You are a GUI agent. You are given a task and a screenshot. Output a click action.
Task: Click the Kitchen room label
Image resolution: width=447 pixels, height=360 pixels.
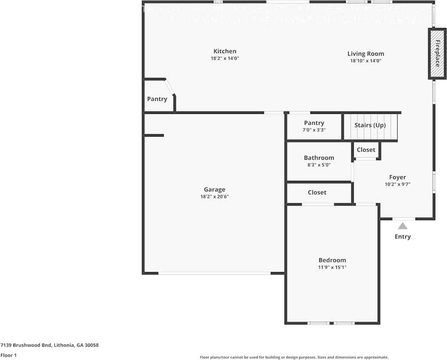[x=225, y=51]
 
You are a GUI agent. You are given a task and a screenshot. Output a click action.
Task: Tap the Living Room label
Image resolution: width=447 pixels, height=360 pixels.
[x=366, y=54]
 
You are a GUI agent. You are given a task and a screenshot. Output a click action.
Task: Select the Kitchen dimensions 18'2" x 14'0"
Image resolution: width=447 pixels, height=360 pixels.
[x=225, y=58]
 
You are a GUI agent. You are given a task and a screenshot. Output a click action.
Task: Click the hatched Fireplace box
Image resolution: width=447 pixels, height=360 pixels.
[x=437, y=54]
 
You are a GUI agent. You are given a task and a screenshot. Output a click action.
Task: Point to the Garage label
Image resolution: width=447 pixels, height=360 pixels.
[x=214, y=189]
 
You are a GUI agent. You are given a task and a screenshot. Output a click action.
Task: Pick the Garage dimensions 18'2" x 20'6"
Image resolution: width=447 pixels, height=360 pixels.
[x=214, y=197]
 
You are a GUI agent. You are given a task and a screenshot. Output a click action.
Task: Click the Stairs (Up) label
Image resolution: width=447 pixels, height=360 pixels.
[x=370, y=125]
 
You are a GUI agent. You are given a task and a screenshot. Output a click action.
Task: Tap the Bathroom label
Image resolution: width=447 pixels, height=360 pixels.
[x=319, y=158]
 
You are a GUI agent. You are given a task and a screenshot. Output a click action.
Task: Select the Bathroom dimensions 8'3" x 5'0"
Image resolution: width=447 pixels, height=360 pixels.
[x=319, y=165]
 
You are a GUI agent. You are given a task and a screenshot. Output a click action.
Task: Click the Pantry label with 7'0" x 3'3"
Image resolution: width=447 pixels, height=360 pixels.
[x=314, y=123]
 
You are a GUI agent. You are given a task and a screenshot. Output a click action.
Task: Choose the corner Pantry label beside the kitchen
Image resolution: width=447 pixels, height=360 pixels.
[x=157, y=99]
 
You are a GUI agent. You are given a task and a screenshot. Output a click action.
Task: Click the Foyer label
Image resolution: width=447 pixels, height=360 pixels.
[x=397, y=177]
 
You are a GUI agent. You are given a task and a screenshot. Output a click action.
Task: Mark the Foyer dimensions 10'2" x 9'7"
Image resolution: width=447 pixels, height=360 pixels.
[x=397, y=184]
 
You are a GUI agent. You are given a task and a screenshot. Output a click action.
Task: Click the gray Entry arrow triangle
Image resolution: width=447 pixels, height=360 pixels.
[x=402, y=226]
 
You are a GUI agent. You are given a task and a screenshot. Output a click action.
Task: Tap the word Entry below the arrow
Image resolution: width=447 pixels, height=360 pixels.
[x=402, y=236]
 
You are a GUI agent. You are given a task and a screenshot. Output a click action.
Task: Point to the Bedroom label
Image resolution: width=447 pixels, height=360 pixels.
[x=332, y=260]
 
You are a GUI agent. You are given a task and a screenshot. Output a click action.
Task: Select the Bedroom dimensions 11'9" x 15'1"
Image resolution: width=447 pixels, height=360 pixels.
[x=332, y=267]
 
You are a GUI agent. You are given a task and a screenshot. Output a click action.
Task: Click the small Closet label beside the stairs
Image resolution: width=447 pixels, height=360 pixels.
[x=366, y=150]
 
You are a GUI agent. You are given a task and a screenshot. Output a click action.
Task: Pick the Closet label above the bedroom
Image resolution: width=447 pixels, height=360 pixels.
[x=317, y=192]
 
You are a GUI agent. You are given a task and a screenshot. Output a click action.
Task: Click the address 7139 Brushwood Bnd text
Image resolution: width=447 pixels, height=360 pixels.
[x=49, y=345]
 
